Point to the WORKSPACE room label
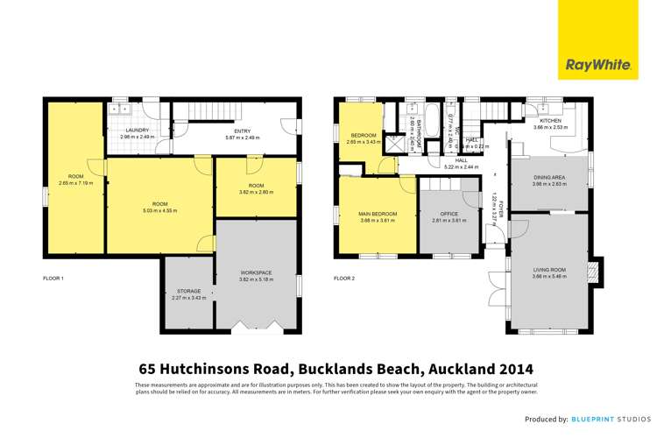pos(256,273)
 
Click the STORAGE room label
pos(188,290)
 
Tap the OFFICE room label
pos(449,214)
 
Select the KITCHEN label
pos(550,120)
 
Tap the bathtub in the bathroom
pos(414,130)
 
